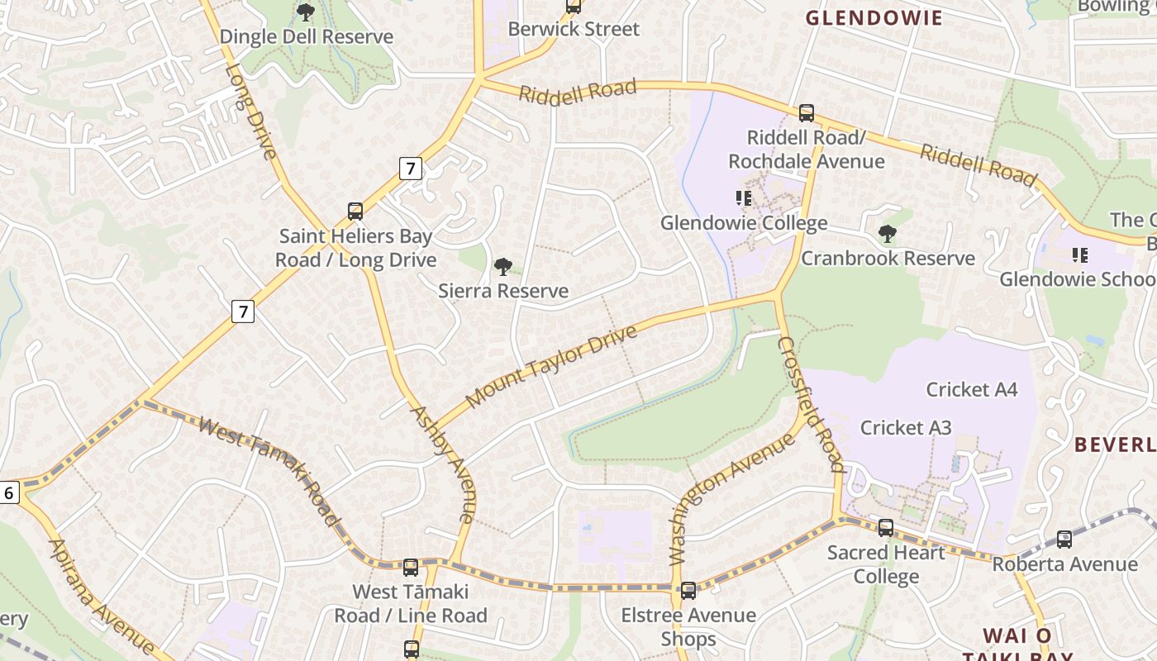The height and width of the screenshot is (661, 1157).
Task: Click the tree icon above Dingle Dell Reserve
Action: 306,12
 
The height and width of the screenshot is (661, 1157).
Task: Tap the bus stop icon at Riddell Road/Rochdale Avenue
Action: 806,113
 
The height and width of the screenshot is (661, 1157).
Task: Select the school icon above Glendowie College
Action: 743,198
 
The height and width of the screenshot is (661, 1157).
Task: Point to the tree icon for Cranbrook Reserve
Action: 888,234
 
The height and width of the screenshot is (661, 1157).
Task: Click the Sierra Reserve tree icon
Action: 502,267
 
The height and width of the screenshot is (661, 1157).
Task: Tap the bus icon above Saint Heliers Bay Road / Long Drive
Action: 355,212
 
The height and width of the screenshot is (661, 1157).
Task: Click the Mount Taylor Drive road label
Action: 551,366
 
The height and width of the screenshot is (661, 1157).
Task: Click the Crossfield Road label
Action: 812,404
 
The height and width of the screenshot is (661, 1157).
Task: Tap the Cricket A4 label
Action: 971,389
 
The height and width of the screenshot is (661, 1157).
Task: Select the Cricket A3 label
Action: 906,427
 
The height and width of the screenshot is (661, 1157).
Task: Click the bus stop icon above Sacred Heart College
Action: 886,528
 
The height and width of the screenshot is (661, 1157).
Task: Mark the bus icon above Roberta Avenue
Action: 1064,540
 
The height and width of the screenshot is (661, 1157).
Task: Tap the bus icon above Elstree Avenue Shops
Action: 688,591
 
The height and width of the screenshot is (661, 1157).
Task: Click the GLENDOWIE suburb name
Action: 874,18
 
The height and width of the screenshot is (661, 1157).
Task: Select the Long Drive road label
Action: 249,111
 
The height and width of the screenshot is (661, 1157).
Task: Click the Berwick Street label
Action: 574,29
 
